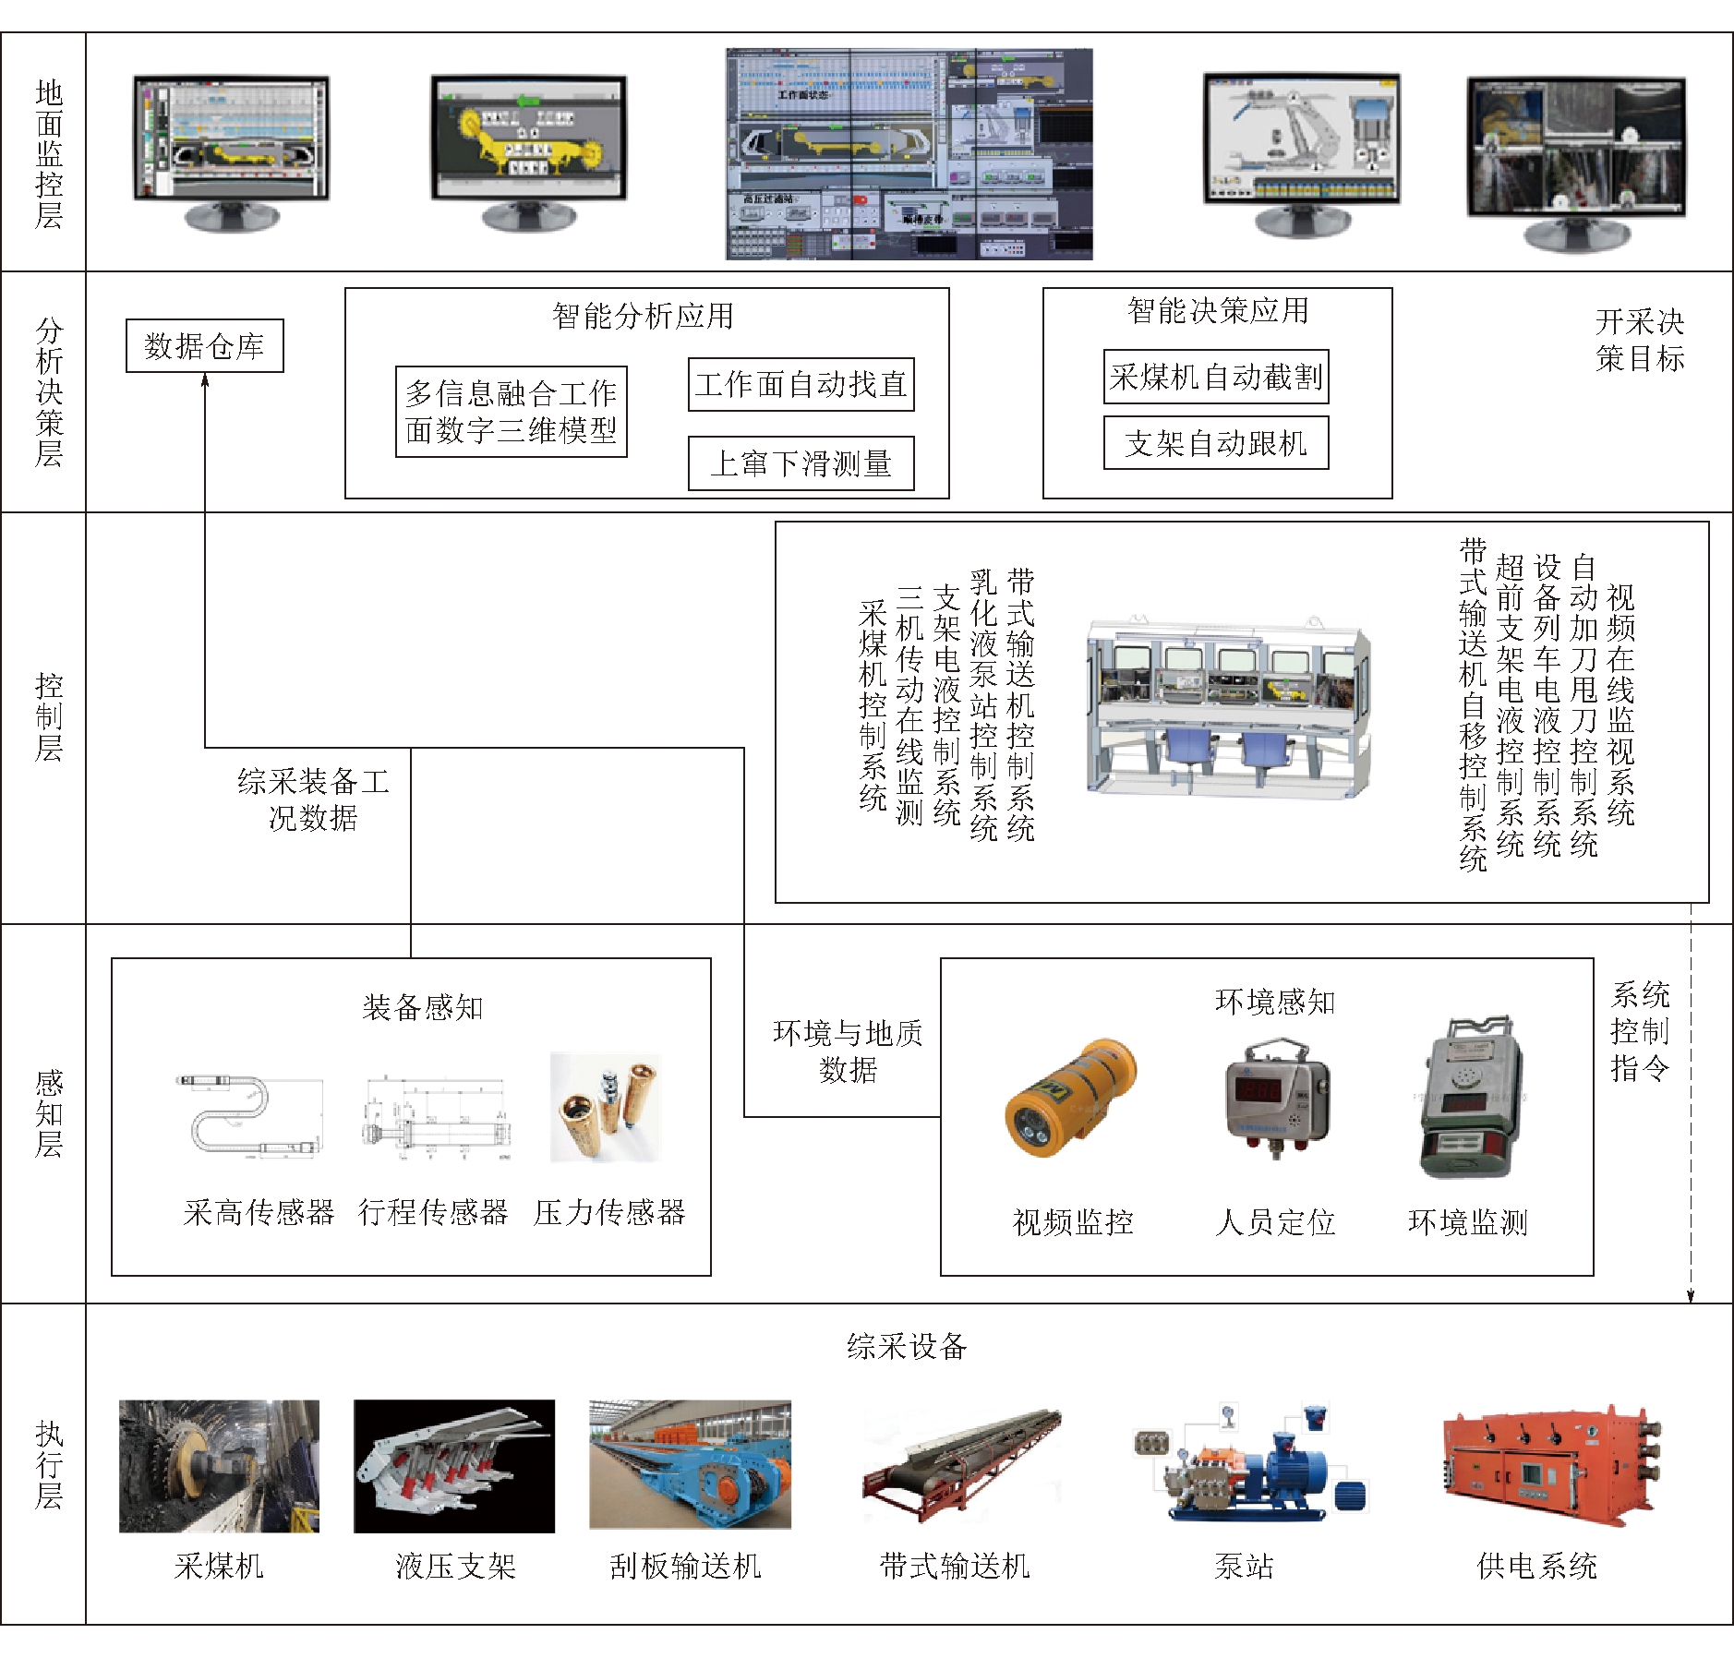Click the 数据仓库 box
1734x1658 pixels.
click(204, 346)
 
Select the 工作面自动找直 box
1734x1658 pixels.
click(801, 384)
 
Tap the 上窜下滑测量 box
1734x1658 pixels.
click(801, 463)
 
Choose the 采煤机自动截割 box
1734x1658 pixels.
click(1216, 377)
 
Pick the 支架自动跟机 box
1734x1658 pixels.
click(1216, 443)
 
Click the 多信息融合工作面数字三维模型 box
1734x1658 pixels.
click(511, 412)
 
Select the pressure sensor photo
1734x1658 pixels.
click(606, 1107)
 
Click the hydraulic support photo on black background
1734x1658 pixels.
click(454, 1466)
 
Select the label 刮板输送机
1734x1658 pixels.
click(685, 1566)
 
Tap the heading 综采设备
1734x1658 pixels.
click(907, 1346)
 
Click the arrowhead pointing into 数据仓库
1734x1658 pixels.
click(205, 379)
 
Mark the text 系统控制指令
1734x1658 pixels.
click(1640, 1031)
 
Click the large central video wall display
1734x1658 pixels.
click(909, 154)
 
